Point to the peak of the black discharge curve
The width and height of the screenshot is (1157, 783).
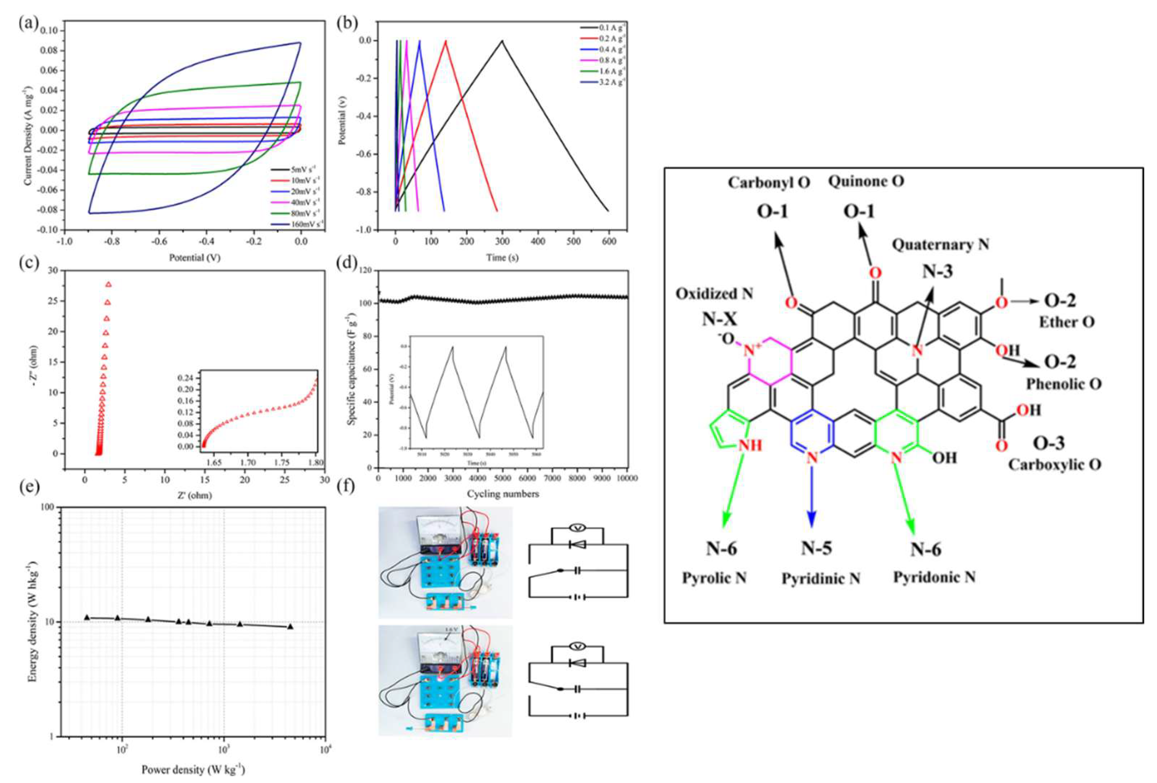502,41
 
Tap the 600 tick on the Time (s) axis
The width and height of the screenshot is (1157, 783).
609,241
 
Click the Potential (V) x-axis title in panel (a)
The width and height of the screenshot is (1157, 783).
195,257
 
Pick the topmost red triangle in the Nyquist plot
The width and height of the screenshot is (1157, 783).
108,284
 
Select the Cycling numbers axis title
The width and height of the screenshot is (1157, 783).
503,494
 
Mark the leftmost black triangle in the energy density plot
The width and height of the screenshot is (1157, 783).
87,617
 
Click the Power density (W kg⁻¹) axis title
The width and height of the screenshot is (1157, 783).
193,769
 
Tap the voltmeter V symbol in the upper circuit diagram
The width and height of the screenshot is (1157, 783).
577,527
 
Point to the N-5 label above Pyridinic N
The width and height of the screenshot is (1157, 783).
816,548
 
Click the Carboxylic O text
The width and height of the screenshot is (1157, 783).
1054,464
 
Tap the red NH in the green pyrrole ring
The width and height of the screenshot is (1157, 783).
750,444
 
